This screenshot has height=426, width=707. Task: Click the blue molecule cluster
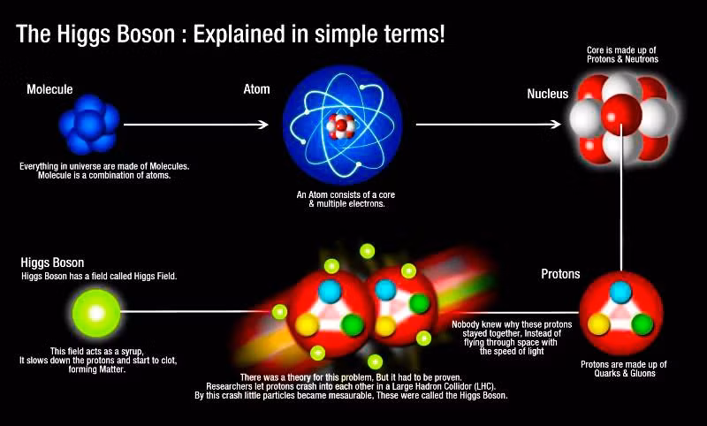click(x=89, y=124)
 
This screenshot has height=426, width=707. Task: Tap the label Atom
click(x=256, y=89)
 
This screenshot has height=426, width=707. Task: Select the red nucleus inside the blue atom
click(x=341, y=126)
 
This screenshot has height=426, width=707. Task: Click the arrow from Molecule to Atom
click(x=196, y=125)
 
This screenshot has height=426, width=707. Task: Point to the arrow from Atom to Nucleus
click(x=489, y=124)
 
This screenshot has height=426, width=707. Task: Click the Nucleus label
click(x=547, y=94)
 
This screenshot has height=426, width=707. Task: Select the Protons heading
click(x=560, y=274)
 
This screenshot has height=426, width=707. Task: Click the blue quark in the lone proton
click(x=620, y=293)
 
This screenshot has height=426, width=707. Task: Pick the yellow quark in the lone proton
click(x=599, y=324)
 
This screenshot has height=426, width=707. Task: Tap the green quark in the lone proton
click(x=642, y=324)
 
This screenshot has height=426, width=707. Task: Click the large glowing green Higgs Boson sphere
click(x=96, y=313)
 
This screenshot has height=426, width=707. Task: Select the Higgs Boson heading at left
click(x=52, y=262)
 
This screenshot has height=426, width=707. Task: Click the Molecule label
click(x=49, y=89)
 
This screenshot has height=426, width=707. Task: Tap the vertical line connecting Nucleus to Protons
click(x=621, y=198)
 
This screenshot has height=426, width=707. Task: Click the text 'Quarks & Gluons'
click(x=625, y=373)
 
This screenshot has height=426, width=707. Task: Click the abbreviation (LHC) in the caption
click(x=483, y=387)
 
